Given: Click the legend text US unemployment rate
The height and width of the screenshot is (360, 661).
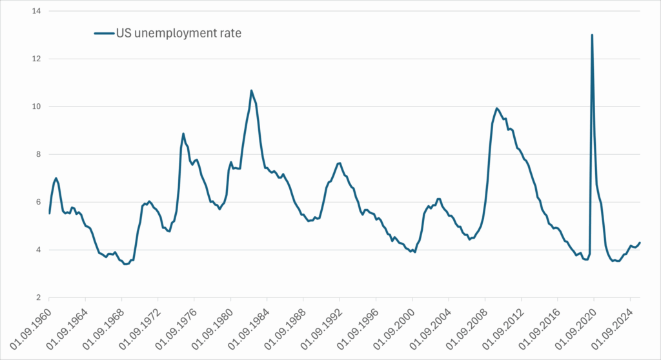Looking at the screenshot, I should point(178,33).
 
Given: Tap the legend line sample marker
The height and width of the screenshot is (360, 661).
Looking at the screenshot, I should point(103,33).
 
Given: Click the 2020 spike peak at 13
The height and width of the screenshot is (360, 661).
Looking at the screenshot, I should point(592,35).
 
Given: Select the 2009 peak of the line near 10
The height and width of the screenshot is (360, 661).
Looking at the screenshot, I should point(496,108).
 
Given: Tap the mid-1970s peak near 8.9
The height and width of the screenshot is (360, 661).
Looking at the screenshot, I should point(183,134).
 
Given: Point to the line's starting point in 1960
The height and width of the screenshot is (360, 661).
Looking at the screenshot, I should point(50,213).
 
